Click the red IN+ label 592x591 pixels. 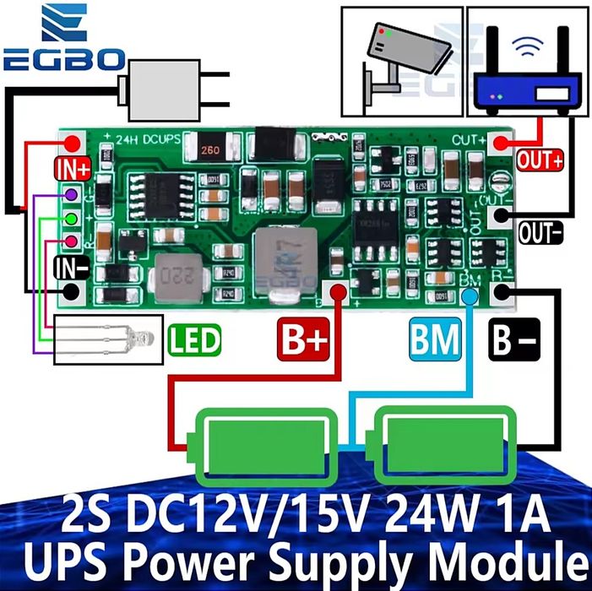click(73, 167)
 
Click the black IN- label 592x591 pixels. click(72, 269)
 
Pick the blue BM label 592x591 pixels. click(436, 341)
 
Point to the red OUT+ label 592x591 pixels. click(540, 160)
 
